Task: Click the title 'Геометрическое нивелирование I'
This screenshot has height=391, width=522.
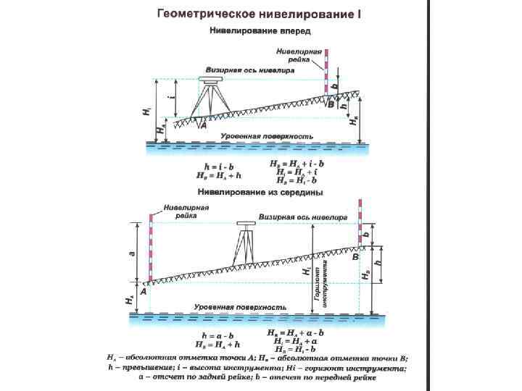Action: click(260, 14)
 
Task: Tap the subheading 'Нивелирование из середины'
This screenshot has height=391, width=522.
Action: click(260, 193)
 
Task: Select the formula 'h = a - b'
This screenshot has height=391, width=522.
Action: click(217, 336)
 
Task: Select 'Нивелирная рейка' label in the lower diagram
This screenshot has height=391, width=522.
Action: click(186, 211)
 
